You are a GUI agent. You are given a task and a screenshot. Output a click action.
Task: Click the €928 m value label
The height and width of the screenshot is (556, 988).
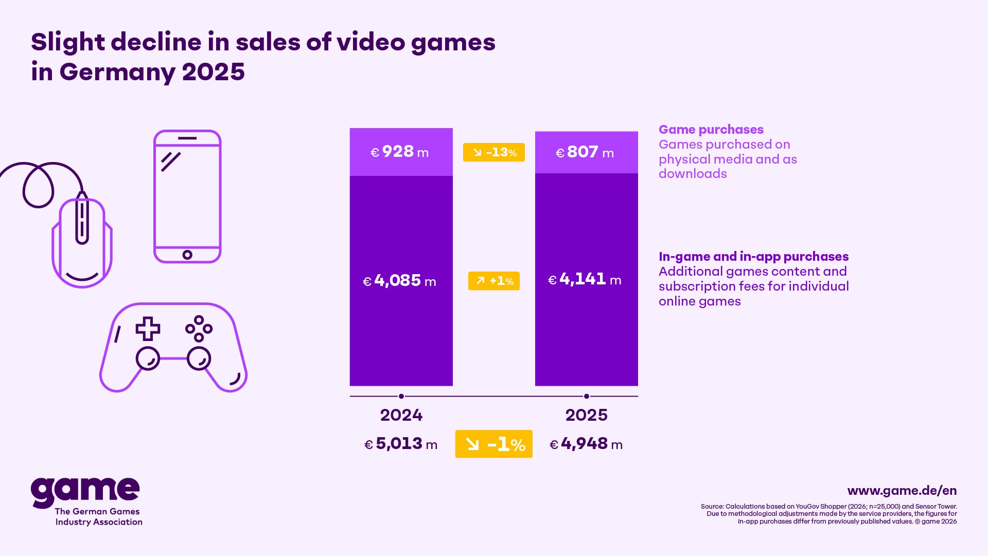click(x=400, y=152)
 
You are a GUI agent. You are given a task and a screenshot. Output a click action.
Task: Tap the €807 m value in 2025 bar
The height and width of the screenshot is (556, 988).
click(x=585, y=153)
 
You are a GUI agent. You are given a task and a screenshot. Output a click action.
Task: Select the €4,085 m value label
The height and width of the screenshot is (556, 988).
click(x=400, y=281)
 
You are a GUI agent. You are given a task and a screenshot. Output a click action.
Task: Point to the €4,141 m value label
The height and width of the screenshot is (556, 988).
click(x=585, y=280)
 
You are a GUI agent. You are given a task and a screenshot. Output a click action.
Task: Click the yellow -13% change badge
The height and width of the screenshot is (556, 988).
click(x=494, y=152)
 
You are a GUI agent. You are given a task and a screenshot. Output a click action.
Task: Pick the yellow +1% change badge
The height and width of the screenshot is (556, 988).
click(x=494, y=281)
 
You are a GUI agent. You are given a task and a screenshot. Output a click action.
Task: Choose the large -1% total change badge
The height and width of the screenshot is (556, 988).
click(x=494, y=444)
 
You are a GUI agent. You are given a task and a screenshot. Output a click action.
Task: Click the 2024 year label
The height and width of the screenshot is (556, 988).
click(x=401, y=415)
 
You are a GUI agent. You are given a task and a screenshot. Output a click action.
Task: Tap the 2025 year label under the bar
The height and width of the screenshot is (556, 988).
click(x=587, y=415)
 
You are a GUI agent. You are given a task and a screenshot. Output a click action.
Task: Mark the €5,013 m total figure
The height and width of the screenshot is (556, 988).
click(x=401, y=444)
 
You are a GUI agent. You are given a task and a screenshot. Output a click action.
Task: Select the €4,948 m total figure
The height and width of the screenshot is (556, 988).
click(x=586, y=444)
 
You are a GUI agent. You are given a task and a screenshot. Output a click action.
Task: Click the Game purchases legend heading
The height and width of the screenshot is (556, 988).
click(x=711, y=130)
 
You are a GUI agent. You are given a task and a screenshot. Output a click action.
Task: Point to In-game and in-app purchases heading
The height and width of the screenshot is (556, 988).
click(x=753, y=257)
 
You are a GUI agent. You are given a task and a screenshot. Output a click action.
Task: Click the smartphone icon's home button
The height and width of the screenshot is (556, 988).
click(x=187, y=255)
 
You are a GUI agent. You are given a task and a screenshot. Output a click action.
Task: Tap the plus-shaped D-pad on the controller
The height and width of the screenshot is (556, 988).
click(x=148, y=329)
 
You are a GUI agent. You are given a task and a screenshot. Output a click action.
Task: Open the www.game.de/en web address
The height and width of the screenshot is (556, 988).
click(x=902, y=491)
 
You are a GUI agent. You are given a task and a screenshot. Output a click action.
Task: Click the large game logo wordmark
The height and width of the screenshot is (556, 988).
click(x=85, y=491)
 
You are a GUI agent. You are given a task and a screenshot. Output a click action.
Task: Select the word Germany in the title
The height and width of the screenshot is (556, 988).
click(x=117, y=72)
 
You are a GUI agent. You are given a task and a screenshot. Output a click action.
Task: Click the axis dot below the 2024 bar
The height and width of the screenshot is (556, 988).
click(x=401, y=396)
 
